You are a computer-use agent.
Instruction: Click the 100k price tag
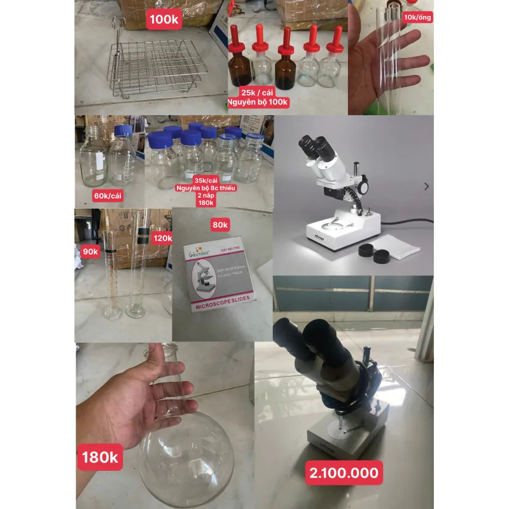(164, 19)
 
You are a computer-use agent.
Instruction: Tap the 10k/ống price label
(417, 17)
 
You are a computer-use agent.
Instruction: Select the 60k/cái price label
(108, 195)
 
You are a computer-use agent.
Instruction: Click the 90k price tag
(90, 251)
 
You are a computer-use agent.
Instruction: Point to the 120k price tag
(162, 238)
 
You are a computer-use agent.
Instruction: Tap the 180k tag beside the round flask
(100, 457)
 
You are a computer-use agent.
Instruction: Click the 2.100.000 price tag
(344, 473)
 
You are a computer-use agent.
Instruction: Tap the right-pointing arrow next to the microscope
(426, 186)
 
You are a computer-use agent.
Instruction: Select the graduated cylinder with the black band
(137, 267)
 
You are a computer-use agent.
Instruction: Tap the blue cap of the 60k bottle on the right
(123, 130)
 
